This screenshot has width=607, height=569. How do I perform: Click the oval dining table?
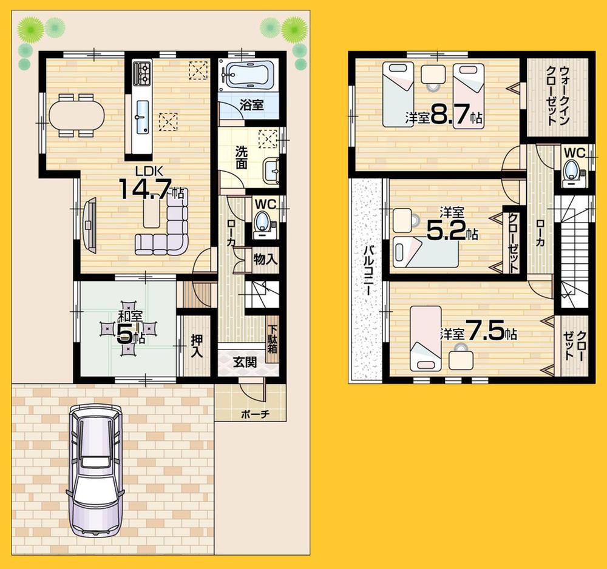(76, 114)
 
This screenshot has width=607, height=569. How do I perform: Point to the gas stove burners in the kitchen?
(142, 73)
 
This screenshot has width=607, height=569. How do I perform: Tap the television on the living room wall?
(90, 224)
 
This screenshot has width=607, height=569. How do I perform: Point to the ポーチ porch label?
(254, 414)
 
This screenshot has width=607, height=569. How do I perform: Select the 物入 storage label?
(265, 259)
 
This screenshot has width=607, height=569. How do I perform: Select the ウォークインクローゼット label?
(557, 95)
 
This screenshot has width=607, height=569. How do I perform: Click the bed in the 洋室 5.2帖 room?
(424, 251)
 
